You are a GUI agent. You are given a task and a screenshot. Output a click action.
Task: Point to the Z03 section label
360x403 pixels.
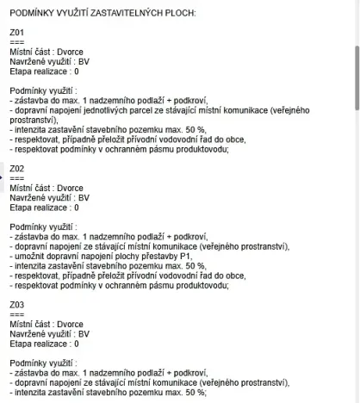point(16,304)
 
